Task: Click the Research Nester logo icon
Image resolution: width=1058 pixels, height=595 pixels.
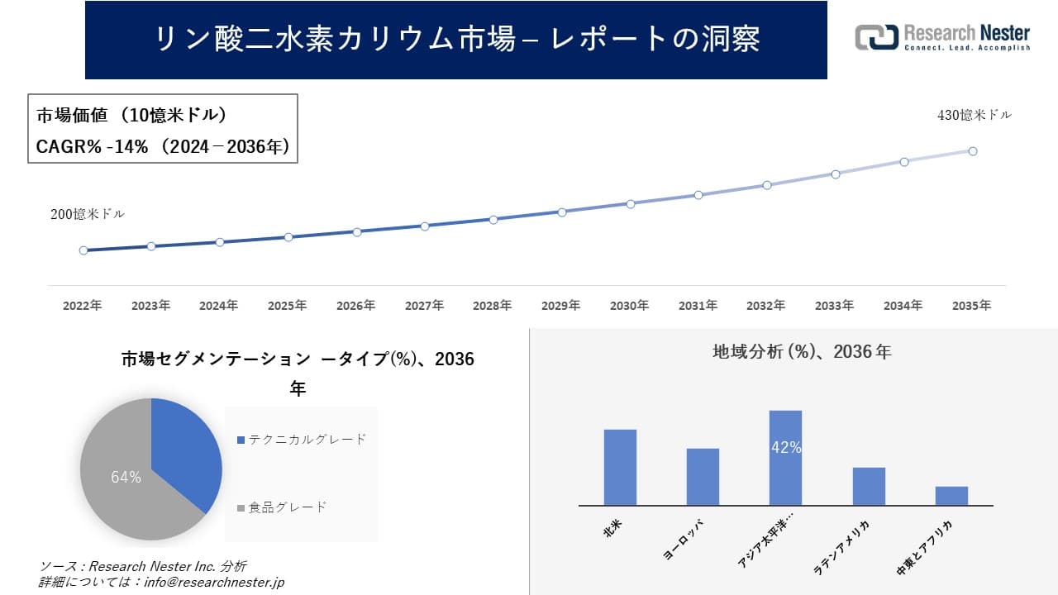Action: tap(876, 37)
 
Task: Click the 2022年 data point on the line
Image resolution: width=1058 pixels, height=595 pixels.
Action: tap(83, 250)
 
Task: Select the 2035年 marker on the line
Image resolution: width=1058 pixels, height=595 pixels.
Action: tap(973, 151)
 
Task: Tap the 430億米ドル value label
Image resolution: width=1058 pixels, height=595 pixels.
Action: tap(974, 116)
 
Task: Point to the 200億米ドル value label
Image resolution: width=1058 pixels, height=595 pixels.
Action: tap(88, 214)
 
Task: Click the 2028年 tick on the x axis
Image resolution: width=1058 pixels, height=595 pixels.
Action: tap(493, 306)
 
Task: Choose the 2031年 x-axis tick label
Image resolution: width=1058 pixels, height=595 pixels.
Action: tap(698, 306)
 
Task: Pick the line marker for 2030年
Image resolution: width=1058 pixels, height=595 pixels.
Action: tap(630, 203)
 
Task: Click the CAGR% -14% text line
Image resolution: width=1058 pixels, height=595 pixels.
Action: tap(162, 146)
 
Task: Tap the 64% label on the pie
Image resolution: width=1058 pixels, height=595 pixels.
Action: tap(126, 477)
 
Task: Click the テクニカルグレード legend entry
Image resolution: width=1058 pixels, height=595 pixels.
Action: tap(303, 440)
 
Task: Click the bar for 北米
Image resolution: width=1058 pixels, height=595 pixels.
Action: tap(620, 467)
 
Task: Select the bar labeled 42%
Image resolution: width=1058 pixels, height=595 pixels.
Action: tap(785, 458)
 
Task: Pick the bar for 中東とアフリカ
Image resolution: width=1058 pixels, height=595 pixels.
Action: tap(951, 496)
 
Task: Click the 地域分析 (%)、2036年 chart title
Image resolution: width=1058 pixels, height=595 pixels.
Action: tap(802, 352)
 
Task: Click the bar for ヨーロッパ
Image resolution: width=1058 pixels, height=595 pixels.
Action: tap(703, 477)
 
